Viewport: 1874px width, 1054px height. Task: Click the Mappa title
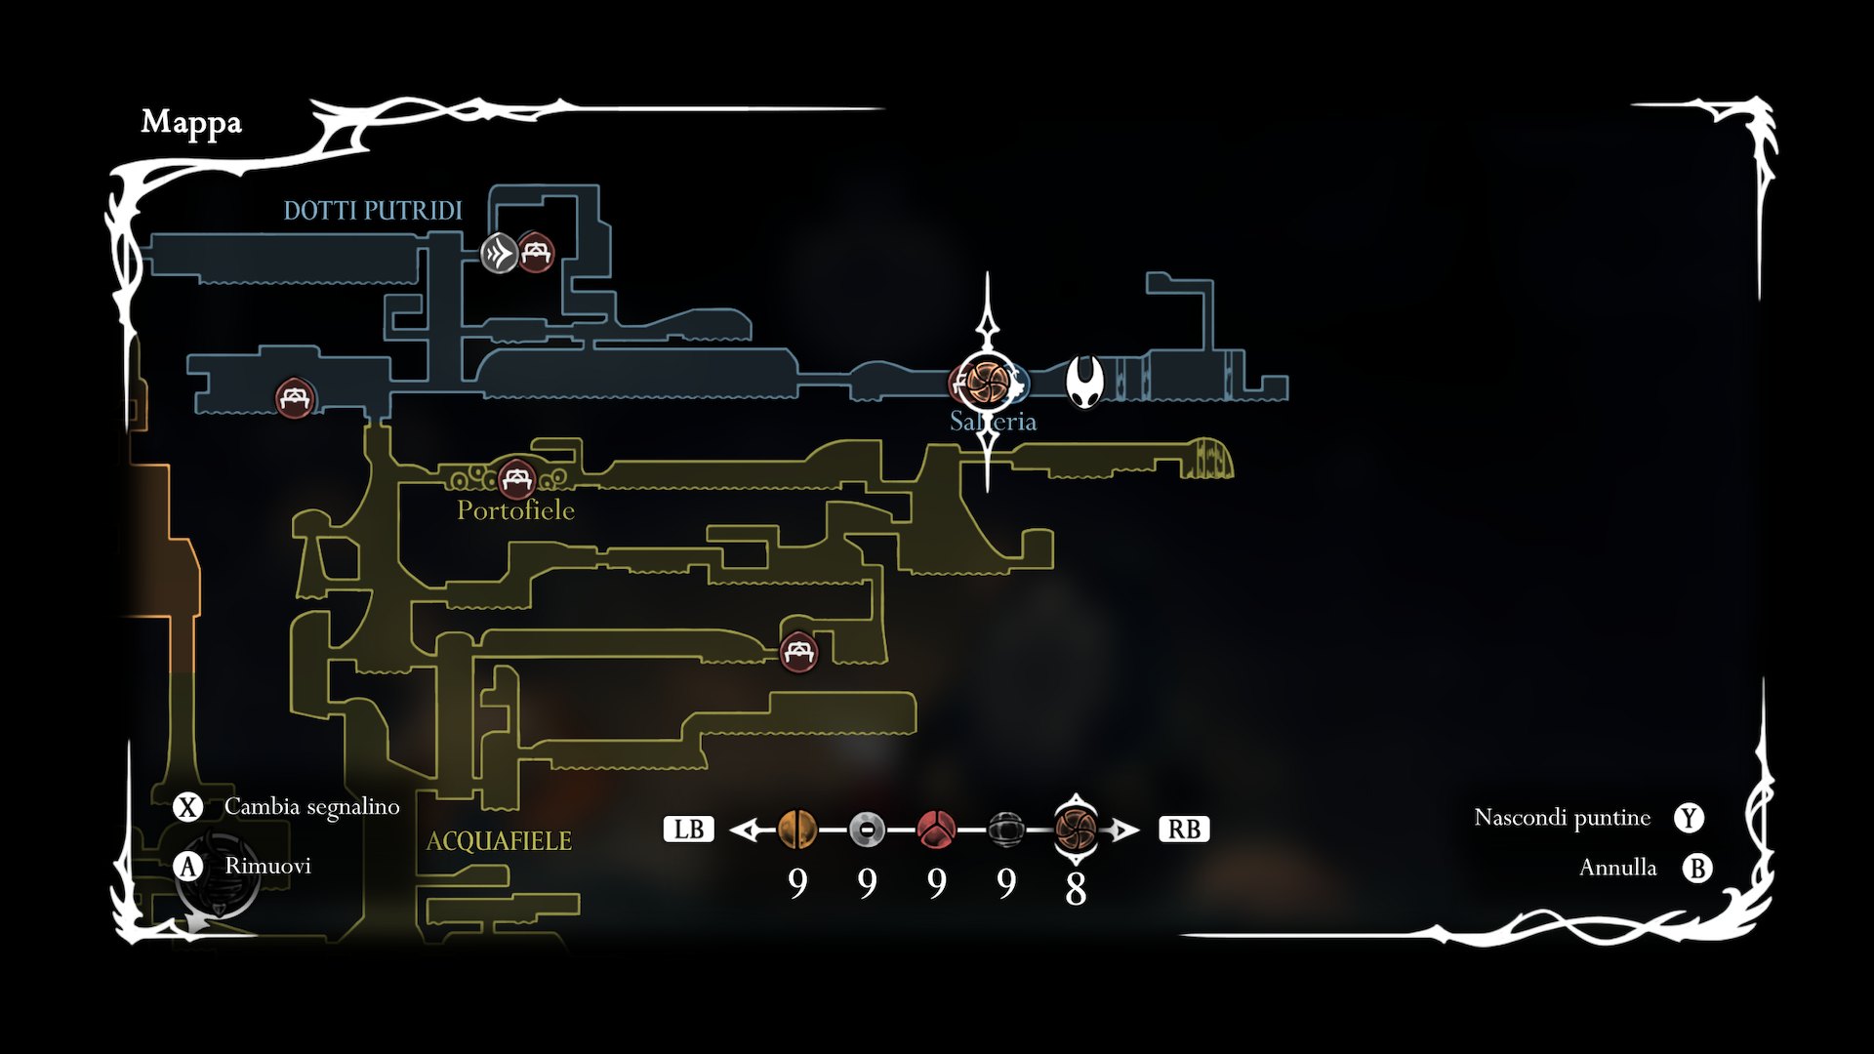tap(191, 122)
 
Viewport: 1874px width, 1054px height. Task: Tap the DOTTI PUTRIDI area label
tap(373, 211)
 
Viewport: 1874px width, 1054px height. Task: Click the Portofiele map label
tap(515, 510)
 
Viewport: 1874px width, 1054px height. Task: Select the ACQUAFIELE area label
tap(499, 841)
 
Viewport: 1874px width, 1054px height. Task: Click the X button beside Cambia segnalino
tap(187, 807)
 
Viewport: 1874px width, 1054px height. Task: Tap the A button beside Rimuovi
tap(187, 867)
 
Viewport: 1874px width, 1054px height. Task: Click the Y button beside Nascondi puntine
tap(1689, 818)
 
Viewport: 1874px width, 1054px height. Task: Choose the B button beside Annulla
tap(1697, 868)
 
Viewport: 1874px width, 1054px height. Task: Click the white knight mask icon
tap(1083, 382)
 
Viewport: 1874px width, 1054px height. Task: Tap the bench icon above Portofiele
tap(515, 479)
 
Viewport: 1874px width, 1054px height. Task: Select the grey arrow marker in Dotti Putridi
tap(499, 254)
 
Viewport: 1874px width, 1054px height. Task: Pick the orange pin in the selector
tap(797, 831)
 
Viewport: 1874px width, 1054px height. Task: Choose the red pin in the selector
tap(936, 831)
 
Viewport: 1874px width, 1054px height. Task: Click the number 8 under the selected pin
tap(1076, 888)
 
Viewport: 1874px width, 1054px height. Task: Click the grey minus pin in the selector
tap(867, 831)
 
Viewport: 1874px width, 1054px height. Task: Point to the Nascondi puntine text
tap(1562, 818)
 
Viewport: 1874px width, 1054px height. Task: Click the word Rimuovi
tap(267, 867)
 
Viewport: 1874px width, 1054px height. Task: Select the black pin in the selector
tap(1005, 831)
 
